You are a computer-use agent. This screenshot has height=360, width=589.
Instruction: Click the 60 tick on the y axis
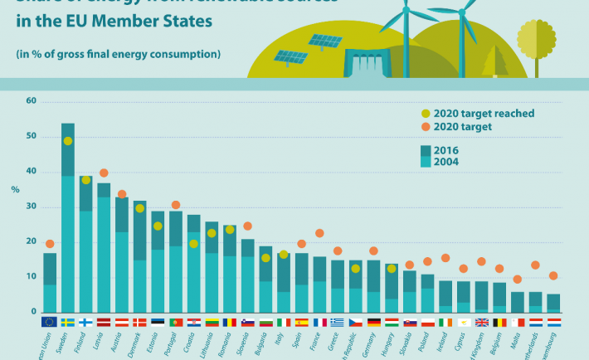[32, 101]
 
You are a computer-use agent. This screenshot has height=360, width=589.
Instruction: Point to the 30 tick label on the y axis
[32, 207]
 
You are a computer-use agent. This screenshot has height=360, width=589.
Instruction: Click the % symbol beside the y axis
[15, 189]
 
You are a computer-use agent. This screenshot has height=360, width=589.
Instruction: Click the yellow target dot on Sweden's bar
[68, 141]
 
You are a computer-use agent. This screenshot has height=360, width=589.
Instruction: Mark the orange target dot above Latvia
[104, 173]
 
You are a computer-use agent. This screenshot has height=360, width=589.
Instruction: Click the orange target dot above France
[319, 234]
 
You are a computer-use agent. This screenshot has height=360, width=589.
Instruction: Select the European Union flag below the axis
[50, 322]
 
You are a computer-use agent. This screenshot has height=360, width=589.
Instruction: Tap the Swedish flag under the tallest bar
[68, 322]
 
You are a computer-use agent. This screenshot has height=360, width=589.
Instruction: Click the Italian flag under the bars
[284, 322]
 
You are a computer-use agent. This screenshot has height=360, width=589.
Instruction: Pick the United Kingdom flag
[481, 322]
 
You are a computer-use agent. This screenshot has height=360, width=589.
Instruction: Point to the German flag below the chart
[373, 322]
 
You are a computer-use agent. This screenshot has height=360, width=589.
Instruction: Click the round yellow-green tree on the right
[535, 37]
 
